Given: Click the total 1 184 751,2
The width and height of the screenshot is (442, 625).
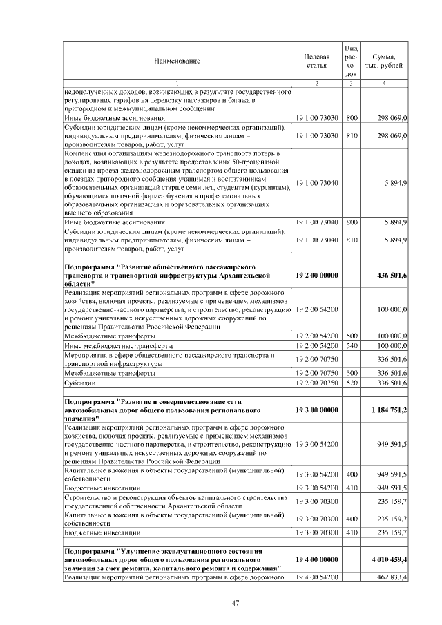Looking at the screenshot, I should point(388,410).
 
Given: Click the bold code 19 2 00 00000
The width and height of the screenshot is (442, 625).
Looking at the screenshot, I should point(316,275).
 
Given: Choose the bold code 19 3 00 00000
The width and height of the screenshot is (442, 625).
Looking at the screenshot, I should point(316,410).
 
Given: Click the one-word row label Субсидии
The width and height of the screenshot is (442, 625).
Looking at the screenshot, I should point(79,381).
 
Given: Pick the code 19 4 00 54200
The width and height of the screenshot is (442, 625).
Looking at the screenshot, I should point(316,576).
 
